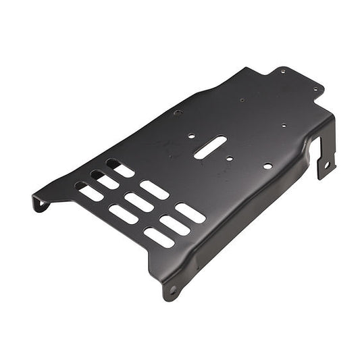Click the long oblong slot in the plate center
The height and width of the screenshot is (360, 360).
tap(210, 147)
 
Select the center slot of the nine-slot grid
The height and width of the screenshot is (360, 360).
tap(138, 202)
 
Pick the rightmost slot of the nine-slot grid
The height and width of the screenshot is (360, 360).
tap(190, 213)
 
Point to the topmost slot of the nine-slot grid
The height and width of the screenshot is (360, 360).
tap(121, 168)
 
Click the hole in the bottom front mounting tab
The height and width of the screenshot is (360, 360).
tap(173, 290)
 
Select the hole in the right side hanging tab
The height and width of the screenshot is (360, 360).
tap(327, 164)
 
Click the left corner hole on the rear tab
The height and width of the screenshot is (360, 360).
tap(283, 70)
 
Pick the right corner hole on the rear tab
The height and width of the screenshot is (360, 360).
tap(315, 88)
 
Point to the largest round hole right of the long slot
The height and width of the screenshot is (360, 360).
tap(267, 165)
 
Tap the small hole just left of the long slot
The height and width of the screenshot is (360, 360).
tap(192, 136)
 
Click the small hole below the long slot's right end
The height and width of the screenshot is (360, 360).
tap(230, 159)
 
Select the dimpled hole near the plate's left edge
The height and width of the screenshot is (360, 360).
tap(178, 112)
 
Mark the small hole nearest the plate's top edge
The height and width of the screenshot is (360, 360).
tap(242, 100)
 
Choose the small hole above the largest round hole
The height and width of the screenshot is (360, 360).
tap(283, 125)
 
